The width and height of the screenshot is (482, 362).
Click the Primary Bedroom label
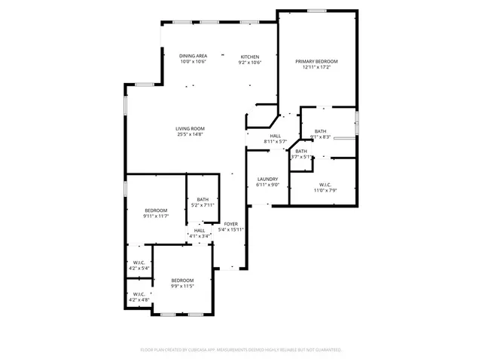316,61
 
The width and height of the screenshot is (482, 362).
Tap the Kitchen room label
250,57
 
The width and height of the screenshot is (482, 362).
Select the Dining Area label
194,57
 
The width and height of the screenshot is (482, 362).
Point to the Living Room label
191,128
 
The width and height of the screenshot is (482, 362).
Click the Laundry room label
267,179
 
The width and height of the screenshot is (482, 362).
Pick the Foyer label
231,224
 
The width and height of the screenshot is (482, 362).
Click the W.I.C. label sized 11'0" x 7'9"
325,184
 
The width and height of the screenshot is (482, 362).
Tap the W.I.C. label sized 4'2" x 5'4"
139,262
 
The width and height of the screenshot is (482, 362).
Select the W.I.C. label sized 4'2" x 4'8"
139,293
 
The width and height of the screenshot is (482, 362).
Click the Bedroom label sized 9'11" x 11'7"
155,210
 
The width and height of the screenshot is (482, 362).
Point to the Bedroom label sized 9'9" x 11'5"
182,281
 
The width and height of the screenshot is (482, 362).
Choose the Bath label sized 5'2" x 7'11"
203,199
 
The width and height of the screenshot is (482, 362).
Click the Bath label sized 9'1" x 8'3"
321,131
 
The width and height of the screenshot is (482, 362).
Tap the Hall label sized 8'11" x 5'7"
276,136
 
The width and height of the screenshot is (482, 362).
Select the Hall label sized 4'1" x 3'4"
200,230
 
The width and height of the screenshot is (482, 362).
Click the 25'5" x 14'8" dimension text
191,134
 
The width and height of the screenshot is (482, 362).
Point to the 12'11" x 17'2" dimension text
316,67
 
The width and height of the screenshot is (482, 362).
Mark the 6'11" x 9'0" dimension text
267,185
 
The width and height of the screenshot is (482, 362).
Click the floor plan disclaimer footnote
241,350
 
